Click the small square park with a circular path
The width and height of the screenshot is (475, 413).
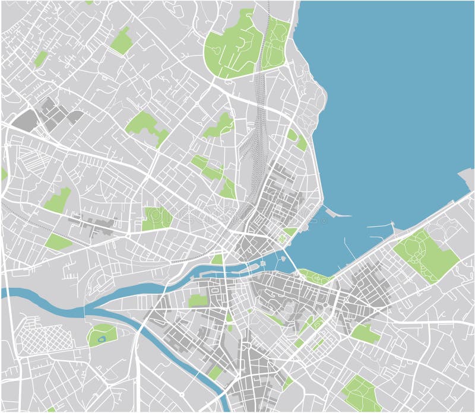(x=281, y=239)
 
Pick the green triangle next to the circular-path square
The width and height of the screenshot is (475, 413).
(x=290, y=231)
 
